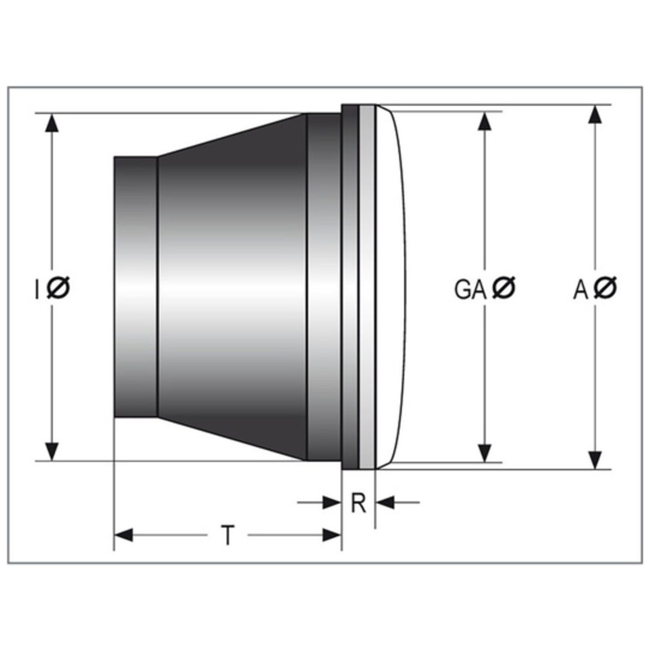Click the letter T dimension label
click(227, 535)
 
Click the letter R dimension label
click(359, 503)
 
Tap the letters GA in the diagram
click(470, 289)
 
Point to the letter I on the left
click(37, 289)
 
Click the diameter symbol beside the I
click(58, 287)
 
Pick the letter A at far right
click(581, 289)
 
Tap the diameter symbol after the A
click(605, 287)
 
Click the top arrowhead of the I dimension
click(52, 123)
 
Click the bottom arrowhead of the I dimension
click(52, 451)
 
